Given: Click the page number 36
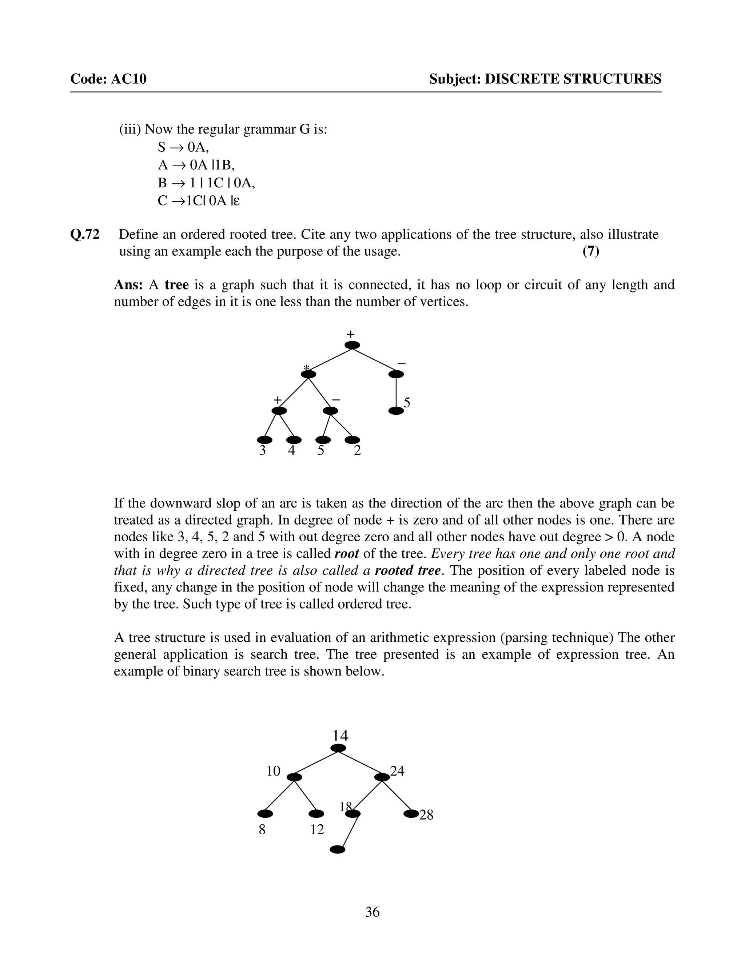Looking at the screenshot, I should tap(372, 912).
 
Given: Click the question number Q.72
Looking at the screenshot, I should tap(85, 234).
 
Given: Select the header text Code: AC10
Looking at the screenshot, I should tap(108, 79).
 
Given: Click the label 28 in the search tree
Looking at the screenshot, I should tap(426, 815).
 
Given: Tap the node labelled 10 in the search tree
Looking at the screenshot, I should tap(294, 777).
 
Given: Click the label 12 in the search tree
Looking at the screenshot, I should tap(317, 830).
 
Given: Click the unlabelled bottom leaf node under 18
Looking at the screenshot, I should tap(338, 849).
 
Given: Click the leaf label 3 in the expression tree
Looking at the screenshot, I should tap(262, 451).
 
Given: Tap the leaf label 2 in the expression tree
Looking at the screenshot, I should tap(358, 451).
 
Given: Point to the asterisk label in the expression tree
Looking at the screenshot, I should tap(306, 368).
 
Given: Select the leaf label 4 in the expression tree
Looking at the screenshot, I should tap(292, 451).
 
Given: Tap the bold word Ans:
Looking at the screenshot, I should tap(128, 285).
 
